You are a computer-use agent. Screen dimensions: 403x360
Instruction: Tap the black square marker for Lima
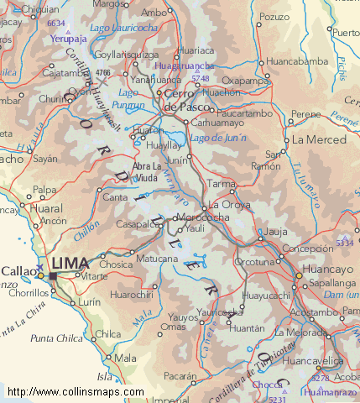53,275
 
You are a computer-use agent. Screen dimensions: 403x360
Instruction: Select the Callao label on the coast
18,271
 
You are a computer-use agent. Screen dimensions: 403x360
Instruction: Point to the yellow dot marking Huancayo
299,275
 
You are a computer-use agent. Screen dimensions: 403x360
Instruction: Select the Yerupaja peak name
68,38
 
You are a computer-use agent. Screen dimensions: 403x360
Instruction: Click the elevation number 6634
56,24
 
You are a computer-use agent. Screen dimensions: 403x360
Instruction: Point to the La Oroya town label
229,204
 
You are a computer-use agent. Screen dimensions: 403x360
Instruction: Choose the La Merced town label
318,139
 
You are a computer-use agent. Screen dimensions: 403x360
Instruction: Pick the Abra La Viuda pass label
146,172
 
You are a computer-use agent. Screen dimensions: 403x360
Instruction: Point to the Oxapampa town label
243,81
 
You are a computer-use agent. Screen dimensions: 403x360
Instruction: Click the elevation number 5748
200,78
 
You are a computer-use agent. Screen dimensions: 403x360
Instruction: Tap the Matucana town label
157,260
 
